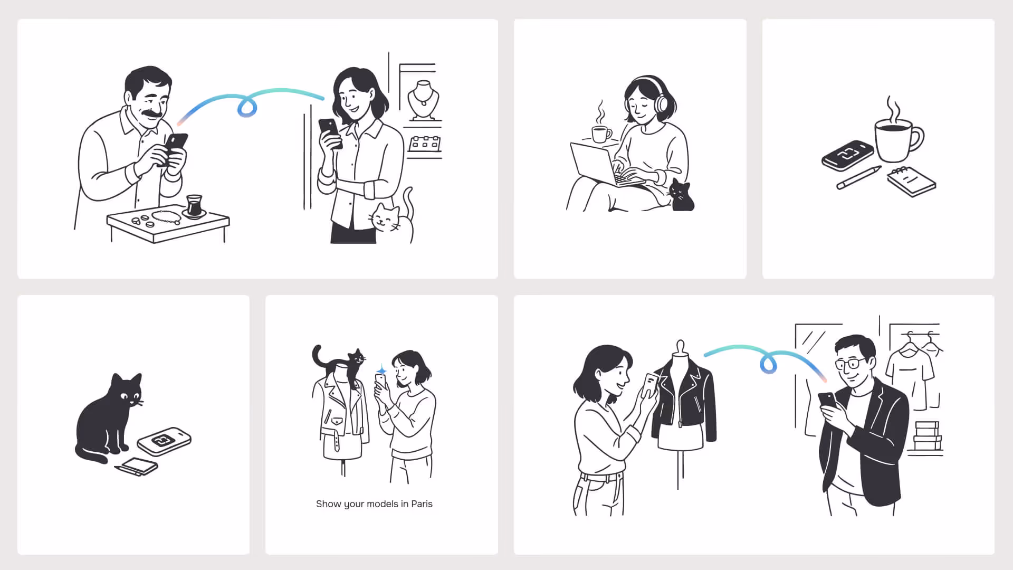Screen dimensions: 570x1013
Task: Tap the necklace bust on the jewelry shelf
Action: click(423, 100)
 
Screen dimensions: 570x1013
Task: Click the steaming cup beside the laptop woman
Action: click(600, 134)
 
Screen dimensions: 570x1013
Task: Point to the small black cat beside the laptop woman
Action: click(682, 196)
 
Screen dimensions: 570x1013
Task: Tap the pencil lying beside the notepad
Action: click(858, 178)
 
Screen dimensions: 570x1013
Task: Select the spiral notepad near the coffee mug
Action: click(912, 182)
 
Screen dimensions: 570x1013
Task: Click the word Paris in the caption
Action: click(422, 504)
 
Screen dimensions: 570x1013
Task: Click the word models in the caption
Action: click(382, 504)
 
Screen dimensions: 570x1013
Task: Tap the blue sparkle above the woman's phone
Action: click(381, 370)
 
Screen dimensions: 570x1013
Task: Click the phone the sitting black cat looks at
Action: click(164, 441)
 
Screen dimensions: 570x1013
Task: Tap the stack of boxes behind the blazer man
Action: click(927, 436)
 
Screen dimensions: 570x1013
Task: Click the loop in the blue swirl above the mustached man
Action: click(247, 107)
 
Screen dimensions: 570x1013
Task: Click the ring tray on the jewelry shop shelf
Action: click(424, 144)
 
